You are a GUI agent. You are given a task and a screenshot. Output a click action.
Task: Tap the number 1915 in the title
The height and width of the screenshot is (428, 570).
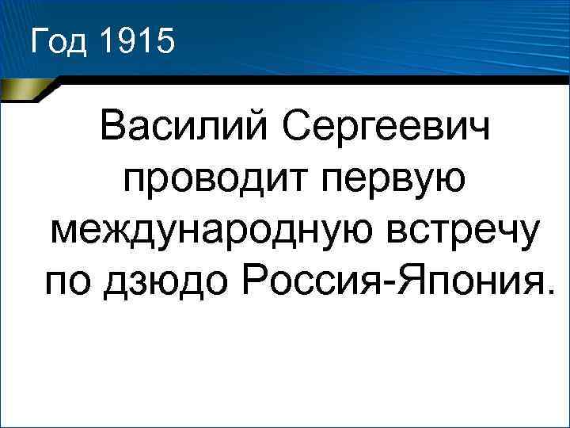click(x=135, y=40)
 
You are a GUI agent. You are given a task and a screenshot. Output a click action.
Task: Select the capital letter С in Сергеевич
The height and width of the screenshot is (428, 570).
click(x=298, y=128)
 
